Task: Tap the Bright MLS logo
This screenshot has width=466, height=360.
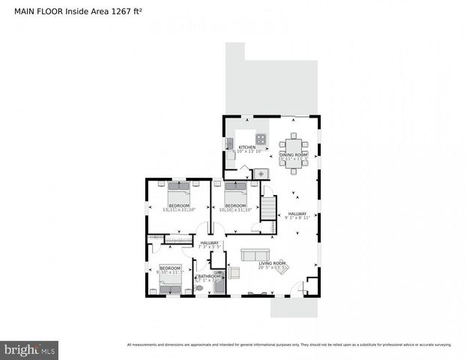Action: click(30, 349)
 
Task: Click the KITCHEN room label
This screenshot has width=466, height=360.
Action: click(246, 148)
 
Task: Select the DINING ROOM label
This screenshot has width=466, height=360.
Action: click(293, 155)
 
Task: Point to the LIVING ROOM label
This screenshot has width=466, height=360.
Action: click(273, 263)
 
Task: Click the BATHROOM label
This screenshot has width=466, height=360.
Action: click(208, 276)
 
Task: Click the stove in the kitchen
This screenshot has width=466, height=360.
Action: click(261, 138)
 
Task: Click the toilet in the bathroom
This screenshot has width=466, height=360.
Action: click(199, 287)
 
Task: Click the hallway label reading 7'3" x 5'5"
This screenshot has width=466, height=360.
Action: click(210, 244)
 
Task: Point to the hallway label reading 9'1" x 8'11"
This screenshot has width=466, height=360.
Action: click(297, 215)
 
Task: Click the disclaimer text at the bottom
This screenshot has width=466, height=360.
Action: click(289, 345)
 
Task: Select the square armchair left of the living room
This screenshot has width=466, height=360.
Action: click(234, 273)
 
